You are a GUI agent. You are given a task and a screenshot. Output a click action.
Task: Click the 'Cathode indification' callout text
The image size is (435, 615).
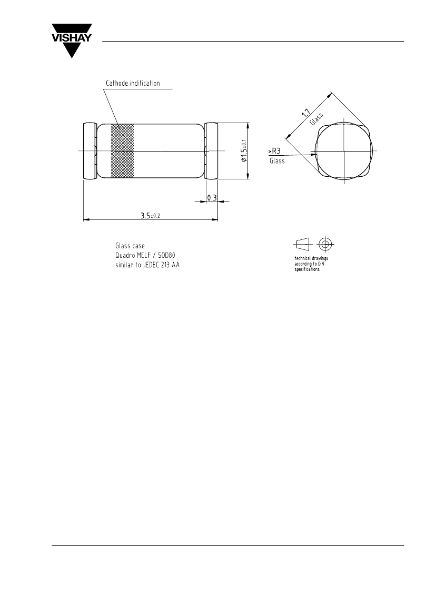[x=133, y=83]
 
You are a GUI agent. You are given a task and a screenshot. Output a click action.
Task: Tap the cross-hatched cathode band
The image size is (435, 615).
[x=122, y=150]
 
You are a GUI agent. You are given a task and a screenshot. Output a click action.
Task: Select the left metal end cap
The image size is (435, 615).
[x=90, y=151]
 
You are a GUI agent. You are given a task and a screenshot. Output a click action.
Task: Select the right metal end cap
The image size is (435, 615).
[x=211, y=151]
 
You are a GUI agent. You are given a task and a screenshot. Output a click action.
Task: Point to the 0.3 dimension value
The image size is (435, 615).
[x=212, y=198]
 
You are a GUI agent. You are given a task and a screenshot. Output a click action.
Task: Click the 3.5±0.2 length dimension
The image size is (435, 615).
[x=151, y=215]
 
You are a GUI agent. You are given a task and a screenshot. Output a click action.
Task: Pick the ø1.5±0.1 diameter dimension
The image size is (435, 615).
[x=243, y=151]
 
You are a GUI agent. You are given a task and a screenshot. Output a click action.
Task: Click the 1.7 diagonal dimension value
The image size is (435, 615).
[x=306, y=113]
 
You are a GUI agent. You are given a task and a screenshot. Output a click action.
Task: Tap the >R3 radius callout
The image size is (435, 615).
[x=274, y=151]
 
